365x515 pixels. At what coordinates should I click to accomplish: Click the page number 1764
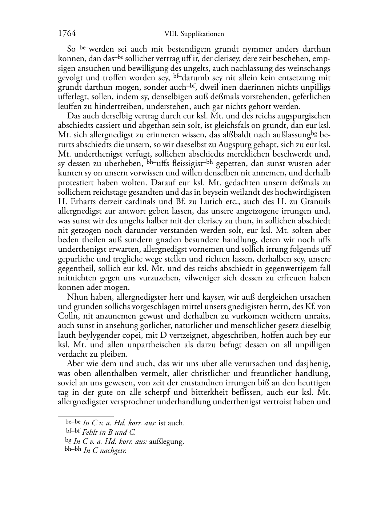(x=67, y=34)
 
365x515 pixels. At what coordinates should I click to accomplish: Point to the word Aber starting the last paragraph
(x=76, y=364)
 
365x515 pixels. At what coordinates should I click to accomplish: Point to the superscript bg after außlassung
(x=314, y=133)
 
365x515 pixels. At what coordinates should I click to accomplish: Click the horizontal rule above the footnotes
(x=86, y=416)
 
